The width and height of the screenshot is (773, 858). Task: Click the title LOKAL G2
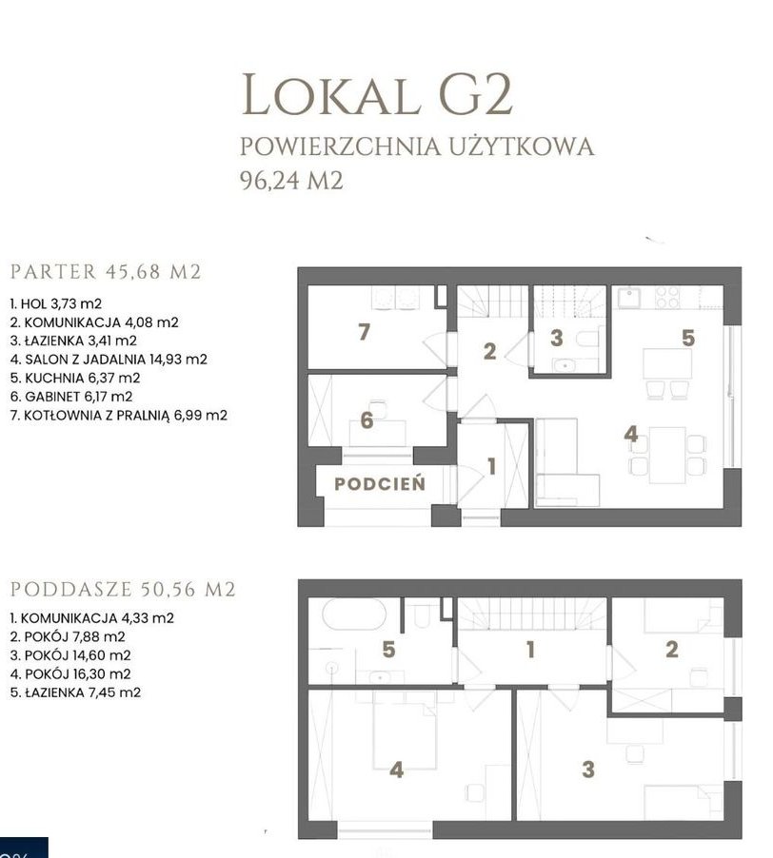pos(377,95)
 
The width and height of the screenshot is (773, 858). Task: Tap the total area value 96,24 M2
pos(292,180)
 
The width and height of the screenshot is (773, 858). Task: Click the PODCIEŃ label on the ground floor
pos(380,484)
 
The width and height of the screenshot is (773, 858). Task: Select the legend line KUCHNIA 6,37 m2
pos(75,379)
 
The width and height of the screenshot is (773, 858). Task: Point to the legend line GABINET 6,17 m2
pos(71,397)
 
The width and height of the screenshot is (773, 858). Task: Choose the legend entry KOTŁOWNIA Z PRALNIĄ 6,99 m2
pos(118,416)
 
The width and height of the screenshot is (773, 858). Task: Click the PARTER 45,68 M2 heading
pos(106,271)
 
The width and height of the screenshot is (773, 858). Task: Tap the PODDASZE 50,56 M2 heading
pos(123,590)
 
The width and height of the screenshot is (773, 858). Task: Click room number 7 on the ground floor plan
pos(364,332)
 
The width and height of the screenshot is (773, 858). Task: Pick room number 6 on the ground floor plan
pos(367,420)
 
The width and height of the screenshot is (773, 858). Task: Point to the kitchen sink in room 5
pos(628,299)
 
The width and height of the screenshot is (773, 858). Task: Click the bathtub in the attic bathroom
pos(354,614)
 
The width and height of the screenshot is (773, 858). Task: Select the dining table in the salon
pos(667,456)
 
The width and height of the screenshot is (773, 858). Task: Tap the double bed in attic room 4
pos(406,730)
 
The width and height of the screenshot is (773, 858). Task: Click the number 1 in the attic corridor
pos(530,650)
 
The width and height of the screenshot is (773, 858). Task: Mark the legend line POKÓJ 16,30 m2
pos(70,674)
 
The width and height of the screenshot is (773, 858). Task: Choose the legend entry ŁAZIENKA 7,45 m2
pos(75,692)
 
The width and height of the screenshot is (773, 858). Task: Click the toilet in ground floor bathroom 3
pos(587,339)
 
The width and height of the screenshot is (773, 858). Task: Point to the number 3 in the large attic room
pos(588,770)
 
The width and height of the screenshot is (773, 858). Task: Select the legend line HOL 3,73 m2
pos(56,303)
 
